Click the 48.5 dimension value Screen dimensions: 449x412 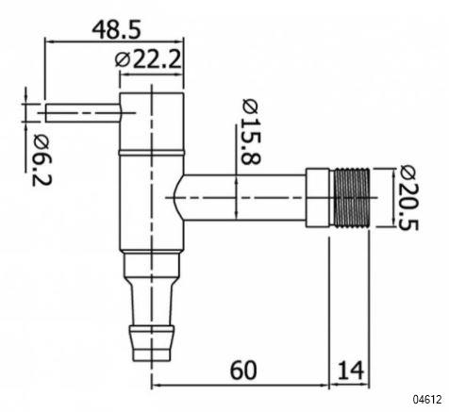pos(116,30)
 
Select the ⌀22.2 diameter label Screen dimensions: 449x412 pos(148,59)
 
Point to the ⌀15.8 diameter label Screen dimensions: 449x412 pos(252,131)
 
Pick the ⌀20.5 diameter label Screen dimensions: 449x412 pos(408,198)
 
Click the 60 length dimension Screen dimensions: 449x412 pos(243,371)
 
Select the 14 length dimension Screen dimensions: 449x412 pos(351,371)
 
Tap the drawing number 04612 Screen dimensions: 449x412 pos(427,400)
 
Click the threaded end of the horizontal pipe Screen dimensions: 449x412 pos(352,198)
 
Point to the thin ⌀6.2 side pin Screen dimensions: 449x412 pos(83,113)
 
